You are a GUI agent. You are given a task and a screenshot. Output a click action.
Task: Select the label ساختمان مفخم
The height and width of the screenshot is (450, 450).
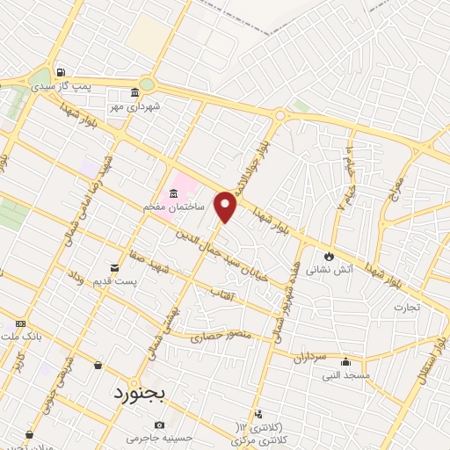[x=174, y=207]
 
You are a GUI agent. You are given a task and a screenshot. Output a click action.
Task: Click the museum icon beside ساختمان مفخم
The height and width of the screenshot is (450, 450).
[x=173, y=192]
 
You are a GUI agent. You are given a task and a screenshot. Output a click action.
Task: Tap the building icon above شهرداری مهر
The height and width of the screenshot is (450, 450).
[x=134, y=92]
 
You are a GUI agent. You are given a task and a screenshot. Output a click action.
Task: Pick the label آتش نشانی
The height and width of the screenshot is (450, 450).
[x=323, y=272]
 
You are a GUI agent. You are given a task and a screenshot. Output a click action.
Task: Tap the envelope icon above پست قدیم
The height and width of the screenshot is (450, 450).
[x=113, y=267]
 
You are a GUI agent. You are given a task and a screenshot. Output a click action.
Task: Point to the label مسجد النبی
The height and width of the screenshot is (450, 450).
[x=345, y=375]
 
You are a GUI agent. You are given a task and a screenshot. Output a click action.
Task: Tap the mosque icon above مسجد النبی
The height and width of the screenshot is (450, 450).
[x=346, y=361]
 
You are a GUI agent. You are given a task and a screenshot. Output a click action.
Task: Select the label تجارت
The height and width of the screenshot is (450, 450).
[x=406, y=308]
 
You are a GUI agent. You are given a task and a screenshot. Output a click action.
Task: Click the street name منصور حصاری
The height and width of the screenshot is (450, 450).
[x=226, y=336]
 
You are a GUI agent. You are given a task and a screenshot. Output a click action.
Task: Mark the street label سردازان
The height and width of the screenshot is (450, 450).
[x=308, y=358]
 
